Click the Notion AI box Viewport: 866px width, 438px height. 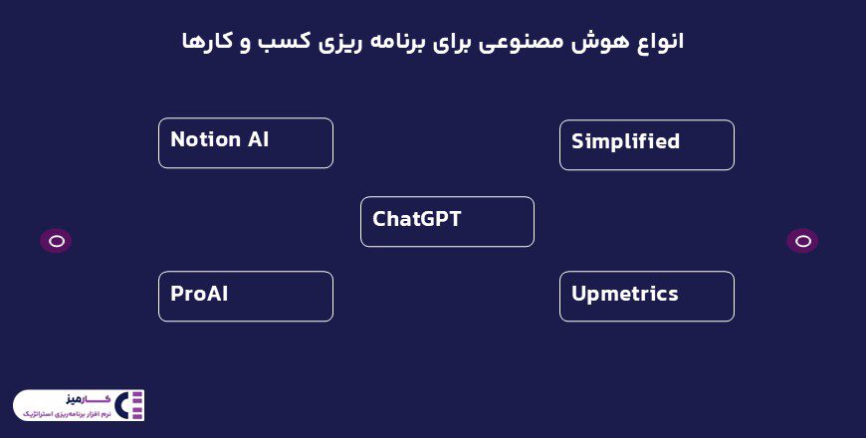click(x=245, y=143)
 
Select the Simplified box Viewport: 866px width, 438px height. click(x=646, y=145)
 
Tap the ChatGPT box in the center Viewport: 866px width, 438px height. click(x=447, y=221)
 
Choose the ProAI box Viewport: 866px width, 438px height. click(x=245, y=297)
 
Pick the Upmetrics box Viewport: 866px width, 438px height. click(x=646, y=297)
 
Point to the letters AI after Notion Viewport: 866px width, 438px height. click(x=258, y=139)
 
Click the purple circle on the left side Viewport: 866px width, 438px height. click(x=56, y=241)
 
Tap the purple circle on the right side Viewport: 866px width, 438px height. click(x=802, y=241)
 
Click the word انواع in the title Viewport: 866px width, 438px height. click(x=658, y=42)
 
